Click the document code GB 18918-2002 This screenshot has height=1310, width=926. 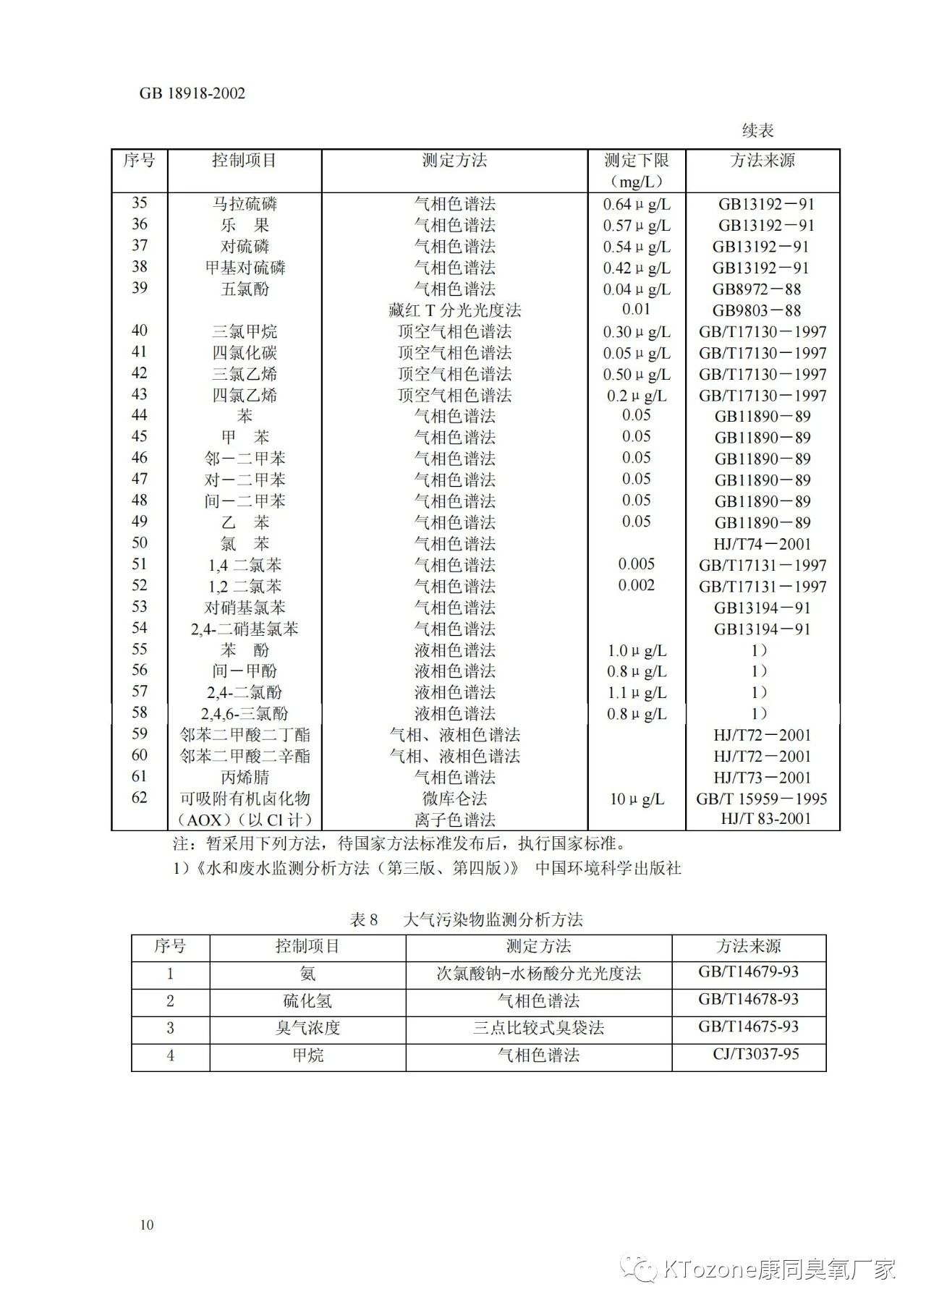(192, 93)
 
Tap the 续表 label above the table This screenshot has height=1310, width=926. (757, 131)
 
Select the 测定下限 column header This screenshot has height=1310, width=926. (637, 161)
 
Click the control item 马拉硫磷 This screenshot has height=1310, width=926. (245, 204)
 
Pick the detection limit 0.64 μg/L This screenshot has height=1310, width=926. (637, 205)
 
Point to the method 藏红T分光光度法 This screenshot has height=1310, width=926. (454, 310)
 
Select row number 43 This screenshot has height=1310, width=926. (140, 394)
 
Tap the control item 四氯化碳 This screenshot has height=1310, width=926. (245, 353)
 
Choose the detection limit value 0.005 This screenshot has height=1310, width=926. (637, 564)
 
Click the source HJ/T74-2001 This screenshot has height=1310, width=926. (762, 544)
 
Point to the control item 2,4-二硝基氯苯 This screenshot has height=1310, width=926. (245, 629)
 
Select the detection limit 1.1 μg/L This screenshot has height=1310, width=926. (637, 693)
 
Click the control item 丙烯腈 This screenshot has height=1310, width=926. (245, 778)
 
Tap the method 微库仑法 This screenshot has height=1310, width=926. (454, 799)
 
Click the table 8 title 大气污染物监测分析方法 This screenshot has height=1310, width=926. (492, 919)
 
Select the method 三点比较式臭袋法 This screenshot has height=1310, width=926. (538, 1028)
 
